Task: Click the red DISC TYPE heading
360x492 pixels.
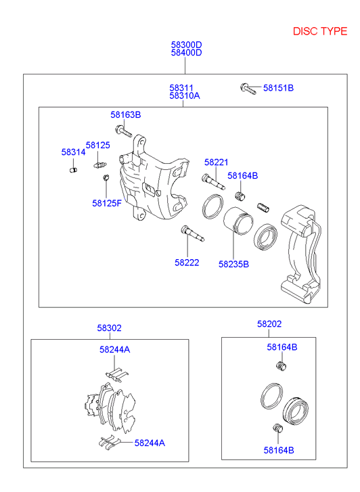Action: click(320, 31)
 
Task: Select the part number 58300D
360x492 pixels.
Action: click(186, 45)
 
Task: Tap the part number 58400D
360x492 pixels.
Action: click(186, 53)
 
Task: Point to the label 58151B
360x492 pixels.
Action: click(278, 88)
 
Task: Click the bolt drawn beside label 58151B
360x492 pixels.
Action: click(248, 87)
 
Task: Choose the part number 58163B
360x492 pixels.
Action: click(126, 115)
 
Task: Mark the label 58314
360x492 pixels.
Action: click(73, 152)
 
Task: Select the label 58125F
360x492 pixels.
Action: click(107, 202)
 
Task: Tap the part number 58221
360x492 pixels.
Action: click(217, 162)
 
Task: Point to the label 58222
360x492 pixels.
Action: click(187, 263)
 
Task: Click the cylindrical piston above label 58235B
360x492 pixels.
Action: click(238, 223)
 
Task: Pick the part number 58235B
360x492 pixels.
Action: click(233, 263)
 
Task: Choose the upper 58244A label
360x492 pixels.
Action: click(114, 349)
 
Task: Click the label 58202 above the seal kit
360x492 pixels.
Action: click(269, 324)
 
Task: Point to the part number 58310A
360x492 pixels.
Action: click(185, 96)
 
